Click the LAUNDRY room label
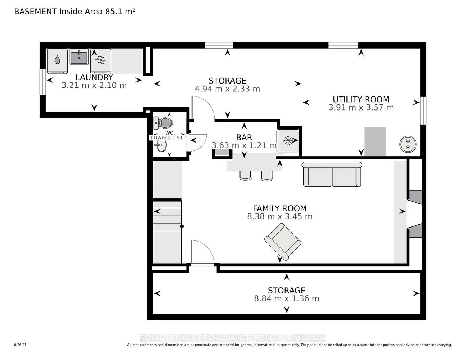tap(94, 77)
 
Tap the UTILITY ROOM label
tap(361, 99)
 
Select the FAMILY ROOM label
tap(279, 208)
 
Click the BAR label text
tap(244, 137)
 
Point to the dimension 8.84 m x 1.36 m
tap(287, 298)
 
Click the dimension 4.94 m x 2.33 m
tap(227, 89)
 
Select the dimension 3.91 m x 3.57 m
tap(361, 107)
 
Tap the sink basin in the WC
tap(161, 146)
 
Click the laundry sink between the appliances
tap(79, 57)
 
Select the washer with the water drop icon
tap(57, 60)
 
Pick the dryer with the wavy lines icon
tap(100, 60)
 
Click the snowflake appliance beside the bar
tap(288, 140)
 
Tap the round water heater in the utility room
tap(408, 144)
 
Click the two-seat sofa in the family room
tap(332, 175)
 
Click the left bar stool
tap(245, 175)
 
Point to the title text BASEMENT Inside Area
tap(75, 11)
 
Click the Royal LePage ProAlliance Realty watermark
tap(233, 338)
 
